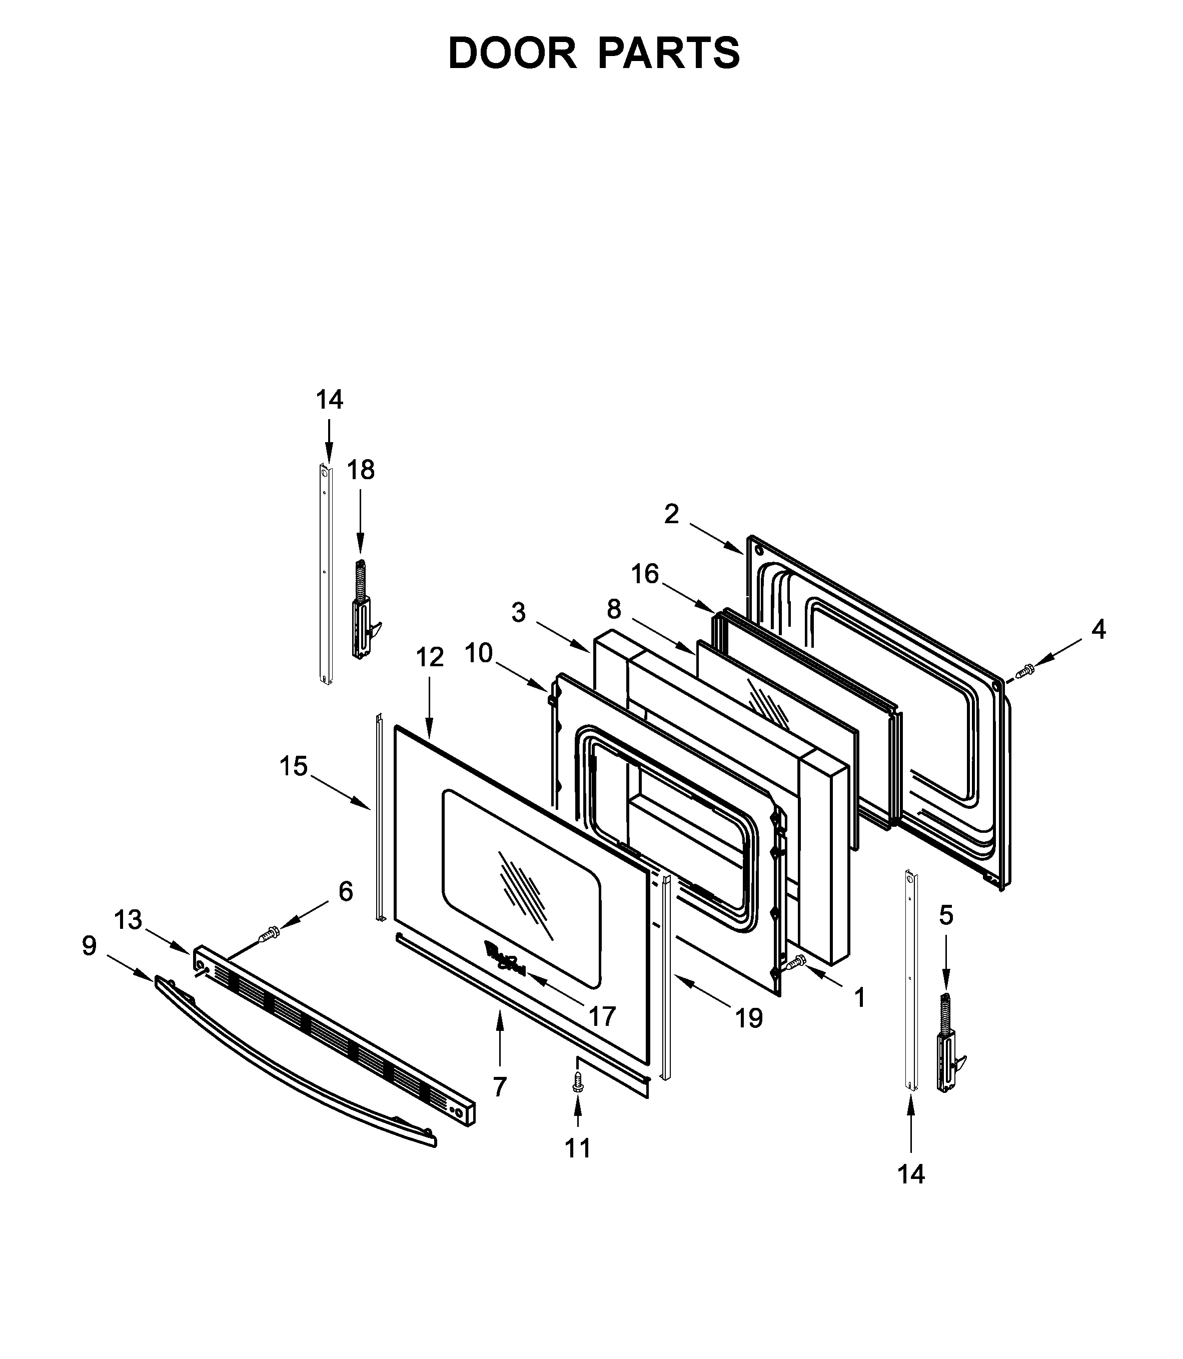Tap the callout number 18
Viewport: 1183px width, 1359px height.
coord(361,470)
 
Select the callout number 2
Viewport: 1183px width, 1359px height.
coord(671,514)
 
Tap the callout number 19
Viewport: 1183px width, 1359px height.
coord(749,1018)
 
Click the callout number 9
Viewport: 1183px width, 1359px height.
coord(89,946)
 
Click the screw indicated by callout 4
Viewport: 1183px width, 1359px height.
coord(1024,672)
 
